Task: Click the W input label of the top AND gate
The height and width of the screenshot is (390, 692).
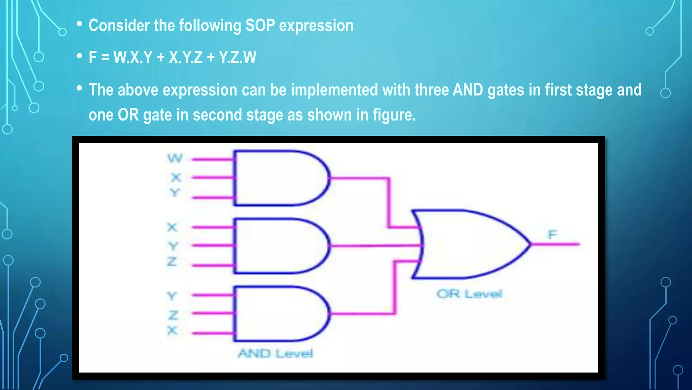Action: click(175, 158)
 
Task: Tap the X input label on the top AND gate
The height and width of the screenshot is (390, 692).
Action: click(176, 177)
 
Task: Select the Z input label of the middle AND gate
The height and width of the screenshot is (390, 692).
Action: click(172, 262)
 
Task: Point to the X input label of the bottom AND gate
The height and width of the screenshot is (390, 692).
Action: click(172, 330)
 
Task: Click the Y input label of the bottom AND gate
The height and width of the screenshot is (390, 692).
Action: click(172, 296)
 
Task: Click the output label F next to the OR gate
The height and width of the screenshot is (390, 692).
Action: click(552, 234)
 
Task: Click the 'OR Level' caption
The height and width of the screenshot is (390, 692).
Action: click(469, 294)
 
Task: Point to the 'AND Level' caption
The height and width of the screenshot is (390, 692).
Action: click(275, 353)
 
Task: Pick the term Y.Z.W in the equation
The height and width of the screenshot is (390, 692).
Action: click(237, 57)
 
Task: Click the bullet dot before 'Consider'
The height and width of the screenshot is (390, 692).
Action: click(79, 24)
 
